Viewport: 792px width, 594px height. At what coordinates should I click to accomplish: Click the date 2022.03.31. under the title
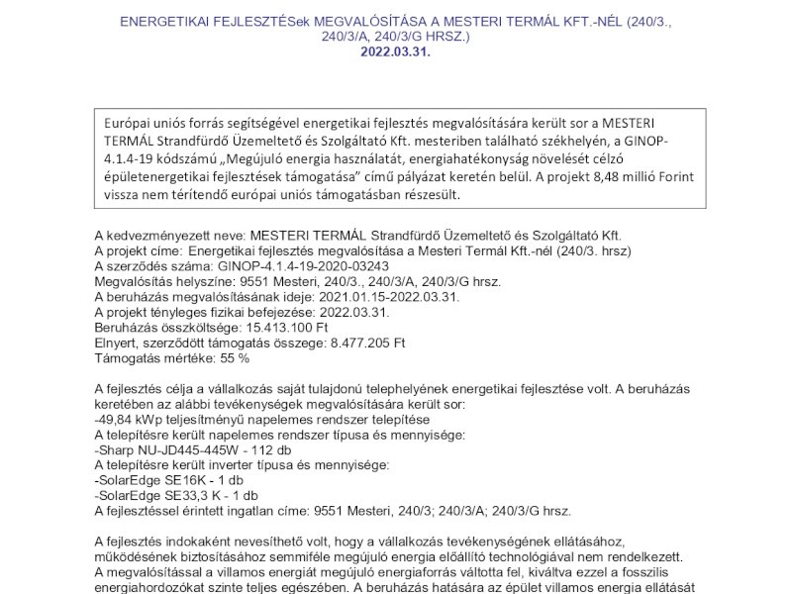[396, 50]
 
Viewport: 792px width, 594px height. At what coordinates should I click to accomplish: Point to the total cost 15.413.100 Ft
[295, 327]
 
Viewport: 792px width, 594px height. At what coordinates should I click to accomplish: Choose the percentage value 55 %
[229, 356]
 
